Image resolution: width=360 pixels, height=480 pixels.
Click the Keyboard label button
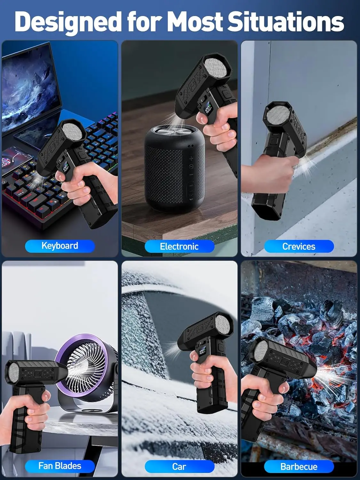pos(60,246)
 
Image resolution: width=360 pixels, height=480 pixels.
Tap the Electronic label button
pos(179,246)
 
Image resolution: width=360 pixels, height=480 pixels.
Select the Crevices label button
pos(299,246)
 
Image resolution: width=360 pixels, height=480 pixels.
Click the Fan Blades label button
pos(60,466)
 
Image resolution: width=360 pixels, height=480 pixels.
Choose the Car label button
pos(179,467)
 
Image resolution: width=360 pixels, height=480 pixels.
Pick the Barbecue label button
pos(299,467)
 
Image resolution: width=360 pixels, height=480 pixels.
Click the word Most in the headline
pos(195,22)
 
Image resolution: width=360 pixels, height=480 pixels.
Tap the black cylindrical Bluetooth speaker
pos(174,170)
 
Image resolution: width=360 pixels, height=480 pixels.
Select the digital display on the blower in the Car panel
pos(202,352)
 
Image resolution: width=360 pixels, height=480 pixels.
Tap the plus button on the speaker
pos(191,158)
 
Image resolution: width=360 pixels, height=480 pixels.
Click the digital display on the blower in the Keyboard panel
pos(66,168)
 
